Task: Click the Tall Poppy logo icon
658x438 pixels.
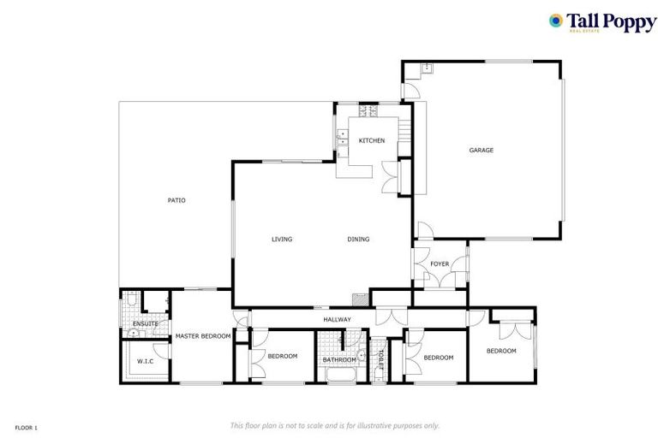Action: pyautogui.click(x=556, y=21)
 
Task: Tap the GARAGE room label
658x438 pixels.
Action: pyautogui.click(x=481, y=151)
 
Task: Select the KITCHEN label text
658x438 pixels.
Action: pyautogui.click(x=371, y=140)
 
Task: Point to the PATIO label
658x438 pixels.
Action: pyautogui.click(x=176, y=200)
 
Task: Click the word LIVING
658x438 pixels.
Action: pyautogui.click(x=282, y=240)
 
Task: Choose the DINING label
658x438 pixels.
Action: pyautogui.click(x=358, y=240)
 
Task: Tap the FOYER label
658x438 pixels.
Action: pyautogui.click(x=440, y=264)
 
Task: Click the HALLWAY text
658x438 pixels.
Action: pyautogui.click(x=337, y=320)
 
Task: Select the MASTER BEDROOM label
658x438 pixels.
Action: pyautogui.click(x=203, y=336)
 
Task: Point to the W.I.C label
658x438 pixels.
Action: pyautogui.click(x=145, y=361)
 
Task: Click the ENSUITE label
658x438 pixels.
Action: pyautogui.click(x=145, y=323)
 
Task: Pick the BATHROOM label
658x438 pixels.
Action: pyautogui.click(x=339, y=360)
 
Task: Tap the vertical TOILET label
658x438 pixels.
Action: pyautogui.click(x=380, y=359)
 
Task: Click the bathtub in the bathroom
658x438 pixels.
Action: pyautogui.click(x=339, y=375)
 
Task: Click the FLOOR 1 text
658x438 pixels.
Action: pyautogui.click(x=26, y=426)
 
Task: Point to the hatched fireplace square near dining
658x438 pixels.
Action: pyautogui.click(x=359, y=299)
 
